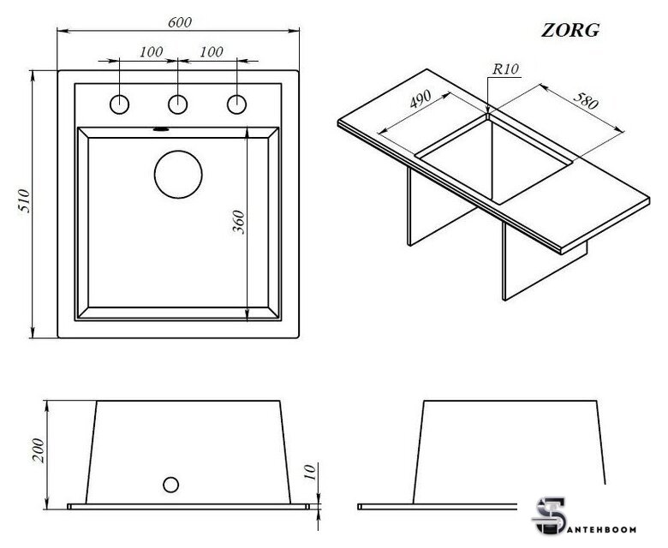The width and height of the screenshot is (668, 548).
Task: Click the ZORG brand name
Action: [570, 29]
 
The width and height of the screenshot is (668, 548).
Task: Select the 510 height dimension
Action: [25, 203]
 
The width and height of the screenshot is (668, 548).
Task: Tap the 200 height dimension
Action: [37, 450]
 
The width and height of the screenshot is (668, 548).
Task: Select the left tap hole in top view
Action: [120, 104]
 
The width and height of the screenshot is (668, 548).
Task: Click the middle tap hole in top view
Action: [178, 104]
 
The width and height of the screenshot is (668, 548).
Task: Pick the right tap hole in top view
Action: [236, 104]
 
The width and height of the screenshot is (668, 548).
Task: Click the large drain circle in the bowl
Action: [178, 174]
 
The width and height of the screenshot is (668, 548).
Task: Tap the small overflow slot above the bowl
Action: [159, 130]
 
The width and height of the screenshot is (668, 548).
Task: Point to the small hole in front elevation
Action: [170, 484]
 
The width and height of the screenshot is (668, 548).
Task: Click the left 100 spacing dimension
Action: [150, 52]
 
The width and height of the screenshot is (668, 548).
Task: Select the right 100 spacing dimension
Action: [210, 52]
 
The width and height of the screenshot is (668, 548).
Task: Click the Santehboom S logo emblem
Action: [545, 515]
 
